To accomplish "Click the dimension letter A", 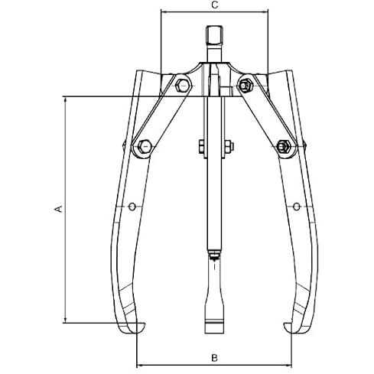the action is [x=59, y=208].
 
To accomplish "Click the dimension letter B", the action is [x=214, y=358].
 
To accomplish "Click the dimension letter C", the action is [x=215, y=5].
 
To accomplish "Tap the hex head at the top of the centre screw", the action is [x=215, y=35].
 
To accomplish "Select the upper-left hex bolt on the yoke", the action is [x=182, y=85].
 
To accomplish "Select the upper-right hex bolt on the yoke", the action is [x=245, y=85].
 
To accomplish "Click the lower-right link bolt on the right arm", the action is [x=284, y=146].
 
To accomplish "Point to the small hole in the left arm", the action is [x=132, y=207].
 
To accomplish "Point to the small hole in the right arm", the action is [x=296, y=207].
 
